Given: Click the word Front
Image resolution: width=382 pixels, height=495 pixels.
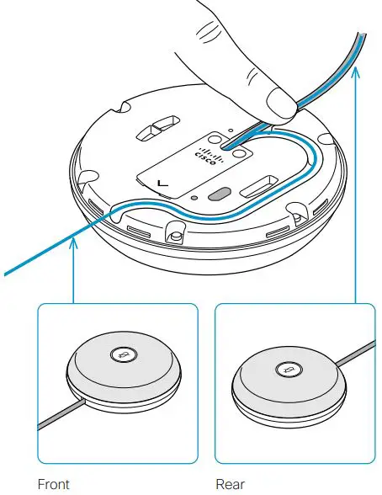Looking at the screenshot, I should [x=54, y=484].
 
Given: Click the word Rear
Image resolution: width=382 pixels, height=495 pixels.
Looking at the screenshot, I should [x=230, y=484].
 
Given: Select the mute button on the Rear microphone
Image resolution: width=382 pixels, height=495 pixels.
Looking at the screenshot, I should [x=288, y=369].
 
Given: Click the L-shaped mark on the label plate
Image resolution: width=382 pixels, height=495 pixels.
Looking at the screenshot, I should [x=162, y=182].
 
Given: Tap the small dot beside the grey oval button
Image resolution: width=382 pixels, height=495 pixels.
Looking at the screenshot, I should [x=194, y=200].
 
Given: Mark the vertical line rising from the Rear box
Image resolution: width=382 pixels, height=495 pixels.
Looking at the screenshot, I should [x=356, y=185].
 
